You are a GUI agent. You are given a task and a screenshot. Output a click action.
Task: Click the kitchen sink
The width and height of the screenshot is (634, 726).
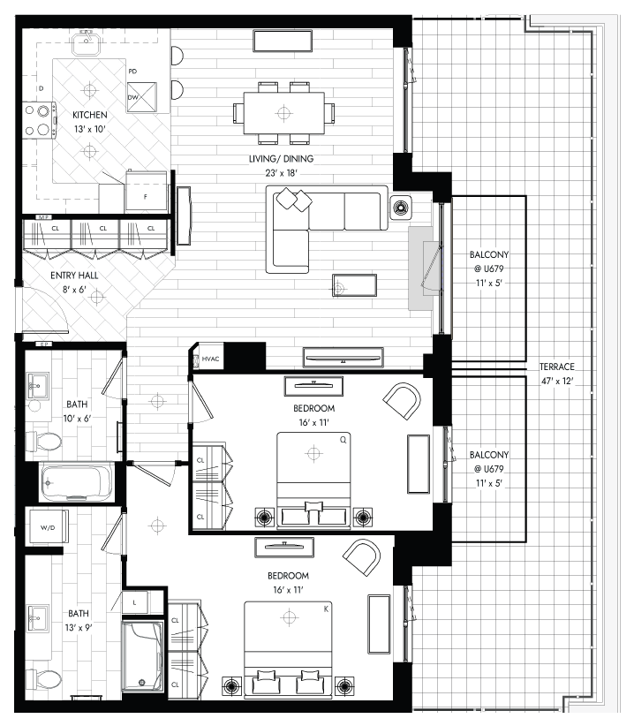(87, 42)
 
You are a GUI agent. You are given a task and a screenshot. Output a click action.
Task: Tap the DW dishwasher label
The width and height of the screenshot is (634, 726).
(132, 97)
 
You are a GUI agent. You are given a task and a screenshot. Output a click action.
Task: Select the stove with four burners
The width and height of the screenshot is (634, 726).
(40, 120)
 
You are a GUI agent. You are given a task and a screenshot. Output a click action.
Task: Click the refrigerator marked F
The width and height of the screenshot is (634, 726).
(147, 192)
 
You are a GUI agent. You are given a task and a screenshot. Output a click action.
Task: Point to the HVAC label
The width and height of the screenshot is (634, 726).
(210, 359)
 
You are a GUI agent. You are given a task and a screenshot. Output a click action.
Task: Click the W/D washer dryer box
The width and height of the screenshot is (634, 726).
(49, 526)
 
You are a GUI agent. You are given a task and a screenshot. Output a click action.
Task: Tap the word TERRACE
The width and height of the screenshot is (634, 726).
(556, 367)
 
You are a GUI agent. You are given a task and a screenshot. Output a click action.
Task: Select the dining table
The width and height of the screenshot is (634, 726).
(283, 113)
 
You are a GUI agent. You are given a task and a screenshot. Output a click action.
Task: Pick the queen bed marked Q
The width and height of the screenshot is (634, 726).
(313, 480)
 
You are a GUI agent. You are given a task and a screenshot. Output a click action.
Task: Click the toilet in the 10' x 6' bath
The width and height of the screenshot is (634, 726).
(43, 442)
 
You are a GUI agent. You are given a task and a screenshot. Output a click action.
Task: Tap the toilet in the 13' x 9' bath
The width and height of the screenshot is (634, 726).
(43, 679)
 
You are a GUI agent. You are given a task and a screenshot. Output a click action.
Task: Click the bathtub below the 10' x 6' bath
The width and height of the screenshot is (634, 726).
(77, 482)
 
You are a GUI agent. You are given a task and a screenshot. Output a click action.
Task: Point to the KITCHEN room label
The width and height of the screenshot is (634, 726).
(90, 115)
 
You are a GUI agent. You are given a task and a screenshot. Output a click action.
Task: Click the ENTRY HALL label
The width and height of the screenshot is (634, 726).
(74, 276)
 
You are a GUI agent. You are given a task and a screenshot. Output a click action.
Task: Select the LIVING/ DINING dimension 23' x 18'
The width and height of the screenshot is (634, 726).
(282, 173)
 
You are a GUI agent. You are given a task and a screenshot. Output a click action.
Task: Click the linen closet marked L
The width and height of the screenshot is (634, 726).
(135, 602)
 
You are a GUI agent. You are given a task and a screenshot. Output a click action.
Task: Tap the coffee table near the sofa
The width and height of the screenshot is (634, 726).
(354, 285)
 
